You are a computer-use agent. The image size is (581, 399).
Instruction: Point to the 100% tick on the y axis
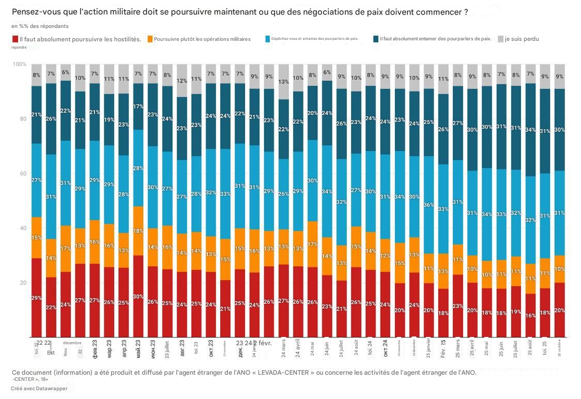(x=19, y=64)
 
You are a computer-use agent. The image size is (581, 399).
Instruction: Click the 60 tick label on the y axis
(x=22, y=174)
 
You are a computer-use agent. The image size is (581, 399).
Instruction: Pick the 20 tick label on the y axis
(x=22, y=283)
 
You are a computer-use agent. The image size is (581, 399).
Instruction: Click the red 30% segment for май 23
(x=138, y=296)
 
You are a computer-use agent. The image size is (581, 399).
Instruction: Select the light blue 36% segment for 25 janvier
(x=429, y=205)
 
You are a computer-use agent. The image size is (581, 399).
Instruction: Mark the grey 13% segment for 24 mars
(x=283, y=82)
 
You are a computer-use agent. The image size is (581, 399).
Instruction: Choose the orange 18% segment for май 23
(x=138, y=231)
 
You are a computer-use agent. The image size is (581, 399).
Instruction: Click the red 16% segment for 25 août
(x=530, y=315)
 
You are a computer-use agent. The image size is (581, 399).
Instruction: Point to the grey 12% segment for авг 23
(x=181, y=81)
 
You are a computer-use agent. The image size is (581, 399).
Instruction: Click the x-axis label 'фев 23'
(x=95, y=349)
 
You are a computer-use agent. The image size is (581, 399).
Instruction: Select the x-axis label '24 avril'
(x=298, y=349)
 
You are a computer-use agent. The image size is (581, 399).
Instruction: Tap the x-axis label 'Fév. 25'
(x=443, y=349)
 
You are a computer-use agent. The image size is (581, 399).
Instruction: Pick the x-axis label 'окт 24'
(x=385, y=349)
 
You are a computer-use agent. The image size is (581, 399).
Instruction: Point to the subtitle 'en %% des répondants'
(x=40, y=26)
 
